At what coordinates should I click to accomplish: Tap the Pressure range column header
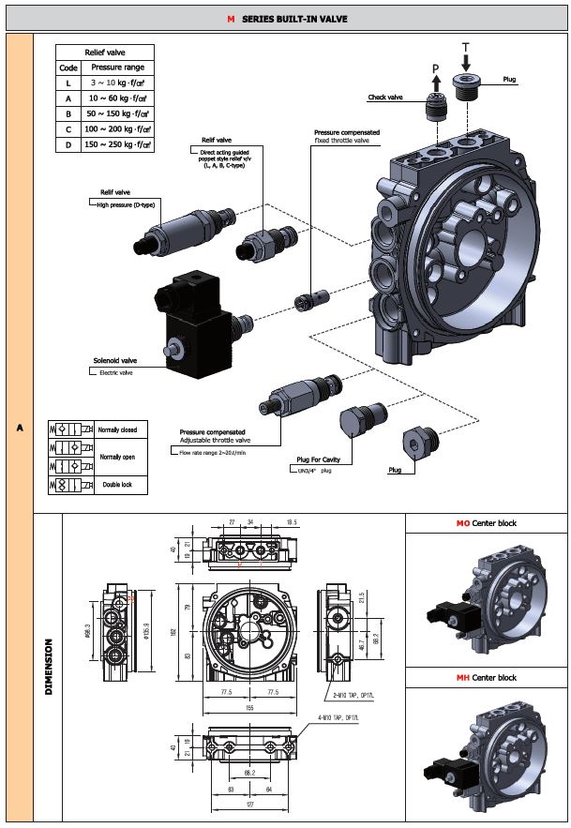(x=117, y=68)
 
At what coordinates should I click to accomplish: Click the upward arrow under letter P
(x=434, y=82)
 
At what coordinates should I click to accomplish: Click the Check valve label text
(x=384, y=98)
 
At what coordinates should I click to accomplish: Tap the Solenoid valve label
(x=114, y=360)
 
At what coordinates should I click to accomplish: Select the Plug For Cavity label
(x=318, y=459)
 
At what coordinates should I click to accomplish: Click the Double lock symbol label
(x=117, y=485)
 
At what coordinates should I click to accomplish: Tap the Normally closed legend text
(x=117, y=429)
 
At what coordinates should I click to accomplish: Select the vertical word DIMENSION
(x=47, y=667)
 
